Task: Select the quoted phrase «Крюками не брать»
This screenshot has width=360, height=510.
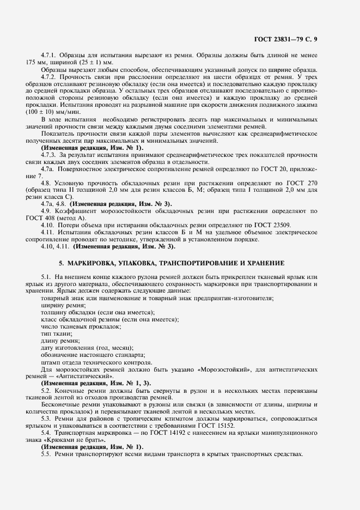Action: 68,440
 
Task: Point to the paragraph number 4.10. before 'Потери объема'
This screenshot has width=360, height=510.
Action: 48,225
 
